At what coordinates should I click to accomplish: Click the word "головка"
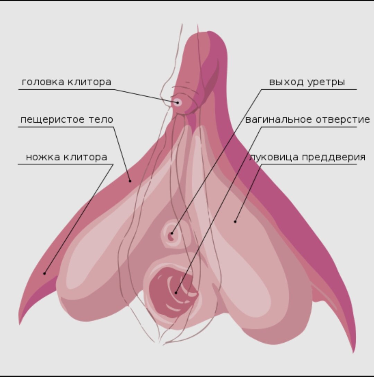[x=43, y=82]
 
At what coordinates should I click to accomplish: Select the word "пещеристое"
[x=53, y=120]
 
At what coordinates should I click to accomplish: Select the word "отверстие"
[x=343, y=120]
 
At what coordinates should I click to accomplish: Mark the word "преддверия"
[x=334, y=157]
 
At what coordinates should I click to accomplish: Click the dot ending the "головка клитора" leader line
[x=177, y=102]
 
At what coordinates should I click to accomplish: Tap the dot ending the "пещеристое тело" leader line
[x=130, y=181]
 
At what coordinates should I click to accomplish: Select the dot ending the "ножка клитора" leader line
[x=44, y=274]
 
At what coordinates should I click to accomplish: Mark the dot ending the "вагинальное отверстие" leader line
[x=176, y=293]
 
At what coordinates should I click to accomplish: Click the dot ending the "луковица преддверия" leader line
[x=235, y=221]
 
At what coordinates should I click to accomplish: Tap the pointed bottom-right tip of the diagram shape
[x=354, y=352]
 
